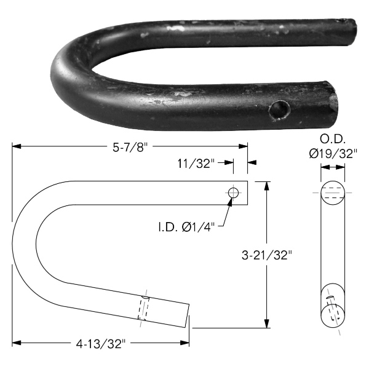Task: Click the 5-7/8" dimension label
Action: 130,148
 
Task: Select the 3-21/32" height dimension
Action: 267,255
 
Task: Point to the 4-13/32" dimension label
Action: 100,344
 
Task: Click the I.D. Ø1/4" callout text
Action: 186,228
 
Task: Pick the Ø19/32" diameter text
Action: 333,154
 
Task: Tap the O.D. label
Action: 333,140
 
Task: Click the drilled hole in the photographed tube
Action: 279,110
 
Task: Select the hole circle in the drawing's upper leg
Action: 233,193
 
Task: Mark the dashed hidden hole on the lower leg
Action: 143,308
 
